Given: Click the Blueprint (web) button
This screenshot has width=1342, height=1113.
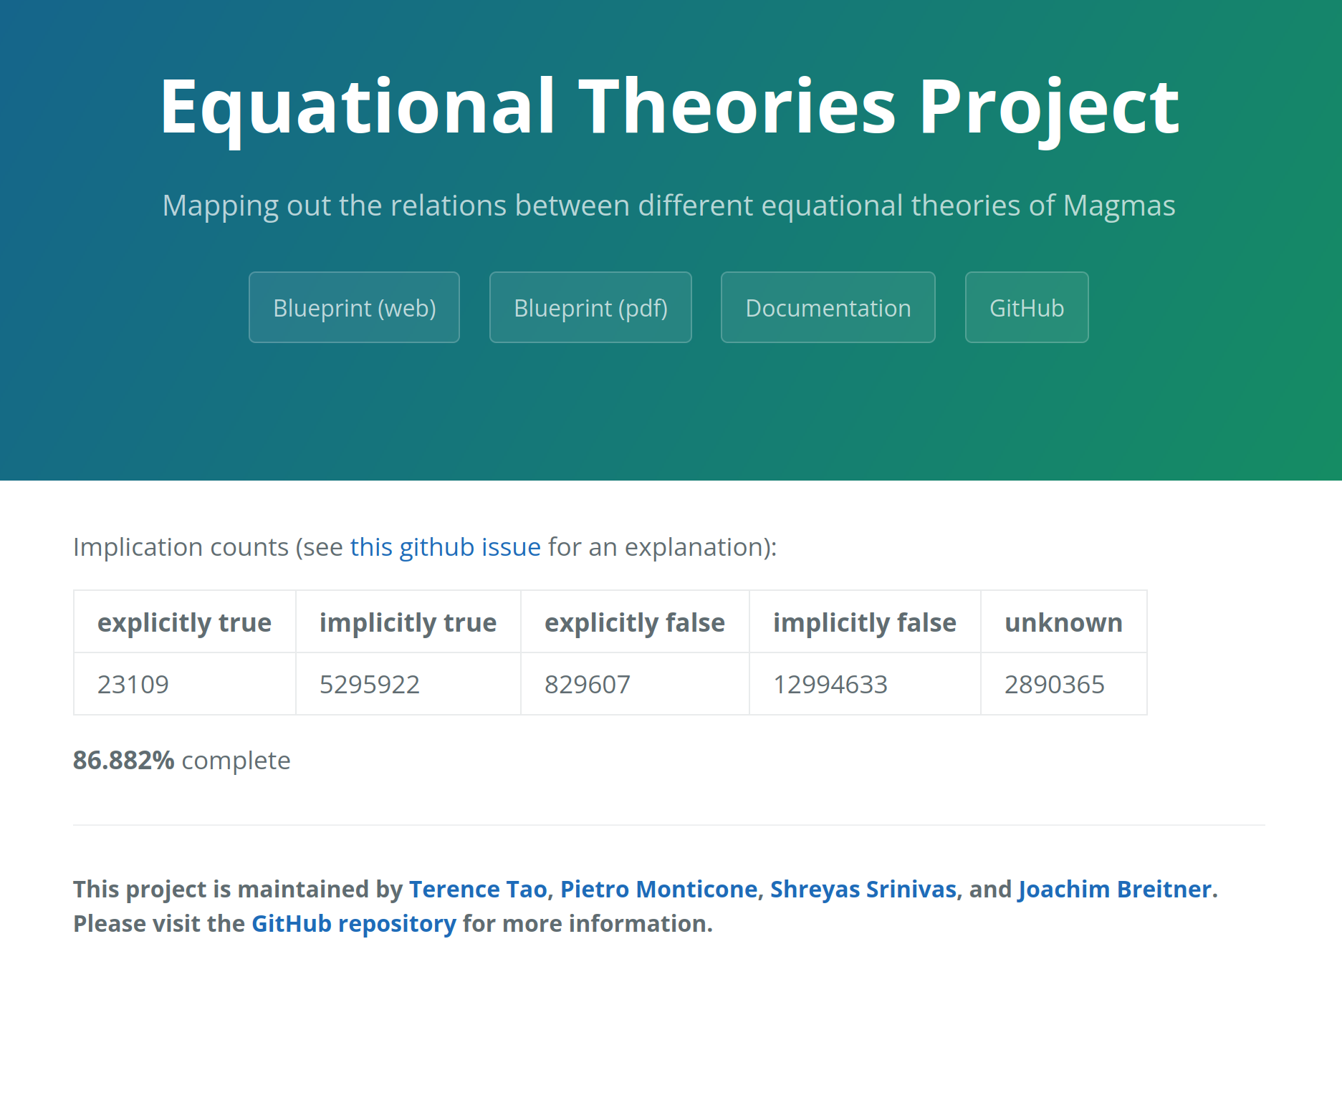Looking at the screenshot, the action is [354, 307].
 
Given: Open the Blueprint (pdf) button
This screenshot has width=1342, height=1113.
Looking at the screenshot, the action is [590, 307].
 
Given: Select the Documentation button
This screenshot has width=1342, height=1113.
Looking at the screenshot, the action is [828, 307].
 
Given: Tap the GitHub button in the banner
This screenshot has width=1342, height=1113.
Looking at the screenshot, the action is [1027, 307].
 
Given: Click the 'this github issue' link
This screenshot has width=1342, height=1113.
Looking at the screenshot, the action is [445, 547].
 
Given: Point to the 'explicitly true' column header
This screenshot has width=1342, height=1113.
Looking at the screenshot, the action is [184, 622].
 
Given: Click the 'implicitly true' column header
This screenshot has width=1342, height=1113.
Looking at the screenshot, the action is [408, 622].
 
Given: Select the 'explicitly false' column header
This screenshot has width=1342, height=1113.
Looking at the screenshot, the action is [635, 622].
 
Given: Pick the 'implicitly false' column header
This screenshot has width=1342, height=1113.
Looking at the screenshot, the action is [865, 622].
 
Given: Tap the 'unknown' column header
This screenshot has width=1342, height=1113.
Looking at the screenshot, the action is [1063, 622].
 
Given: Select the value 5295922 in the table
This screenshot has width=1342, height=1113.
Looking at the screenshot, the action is [370, 685].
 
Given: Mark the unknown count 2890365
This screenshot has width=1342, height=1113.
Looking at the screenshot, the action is [1055, 685].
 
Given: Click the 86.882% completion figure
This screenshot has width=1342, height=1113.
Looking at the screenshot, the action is [124, 761].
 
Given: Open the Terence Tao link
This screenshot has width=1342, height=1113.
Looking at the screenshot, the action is [478, 889].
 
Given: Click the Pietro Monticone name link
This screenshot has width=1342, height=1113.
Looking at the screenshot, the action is [659, 889].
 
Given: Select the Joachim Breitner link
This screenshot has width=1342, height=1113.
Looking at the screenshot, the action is [1115, 889].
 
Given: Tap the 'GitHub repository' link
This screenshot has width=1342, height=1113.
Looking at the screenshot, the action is [354, 924].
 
